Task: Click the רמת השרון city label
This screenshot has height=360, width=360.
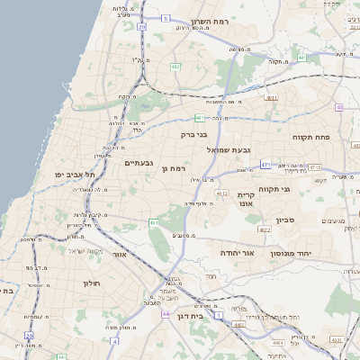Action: pos(218,22)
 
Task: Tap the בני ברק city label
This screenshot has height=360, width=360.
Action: pos(194,135)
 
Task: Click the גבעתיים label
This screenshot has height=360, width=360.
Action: pos(143,163)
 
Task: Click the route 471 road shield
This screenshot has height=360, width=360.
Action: pos(265,165)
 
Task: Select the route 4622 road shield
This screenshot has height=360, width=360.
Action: pos(265,229)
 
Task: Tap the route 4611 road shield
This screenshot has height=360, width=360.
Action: pos(271,98)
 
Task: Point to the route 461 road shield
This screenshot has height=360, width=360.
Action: pos(155,223)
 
